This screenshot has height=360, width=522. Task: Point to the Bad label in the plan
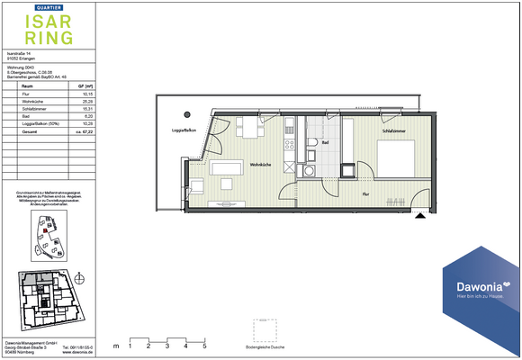click(325, 142)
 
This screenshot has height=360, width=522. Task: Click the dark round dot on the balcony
click(188, 114)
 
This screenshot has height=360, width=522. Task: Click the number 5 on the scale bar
click(204, 345)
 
